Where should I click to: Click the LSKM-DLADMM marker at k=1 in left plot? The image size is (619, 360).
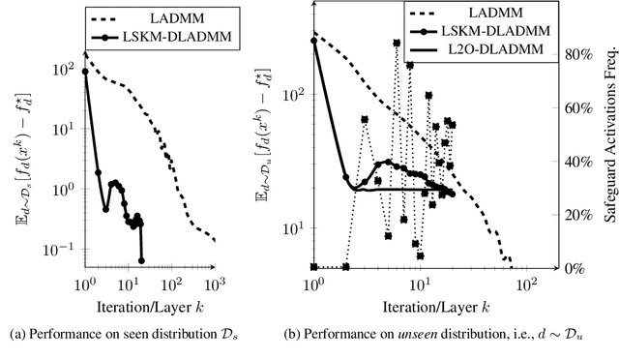coord(85,70)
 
